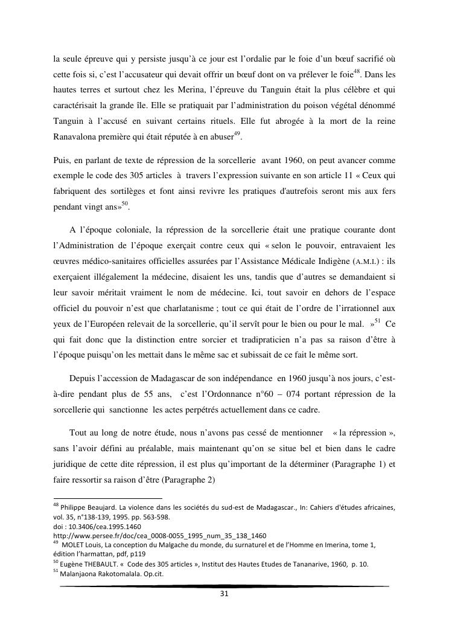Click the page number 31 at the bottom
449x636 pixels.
point(224,594)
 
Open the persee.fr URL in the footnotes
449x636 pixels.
point(159,535)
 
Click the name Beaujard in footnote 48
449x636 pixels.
point(105,507)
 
